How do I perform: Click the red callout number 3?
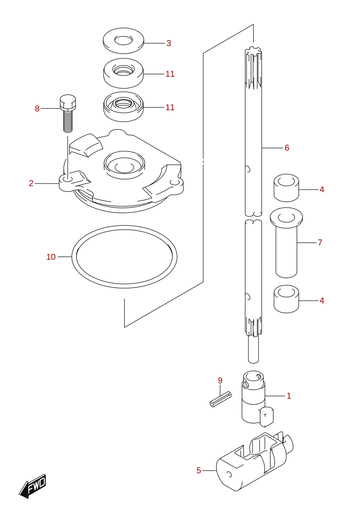(x=169, y=43)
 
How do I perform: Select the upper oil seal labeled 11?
(x=123, y=73)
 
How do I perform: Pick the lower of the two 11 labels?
(x=170, y=107)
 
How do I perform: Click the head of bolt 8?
(x=68, y=102)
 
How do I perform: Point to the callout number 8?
(x=37, y=109)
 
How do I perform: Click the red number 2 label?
(x=31, y=183)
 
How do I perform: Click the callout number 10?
(x=51, y=257)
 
